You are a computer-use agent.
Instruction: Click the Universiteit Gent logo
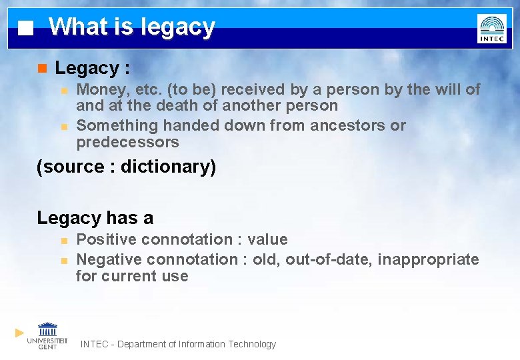click(x=47, y=335)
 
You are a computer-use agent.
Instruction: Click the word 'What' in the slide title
click(x=77, y=27)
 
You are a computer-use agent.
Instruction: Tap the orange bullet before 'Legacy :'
click(x=42, y=68)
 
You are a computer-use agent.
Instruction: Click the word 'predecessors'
click(x=127, y=142)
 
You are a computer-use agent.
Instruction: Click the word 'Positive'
click(x=105, y=239)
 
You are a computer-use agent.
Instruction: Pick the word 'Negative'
click(x=109, y=259)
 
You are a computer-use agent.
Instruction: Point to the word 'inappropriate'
click(x=428, y=259)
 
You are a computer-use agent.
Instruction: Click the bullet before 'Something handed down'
click(x=63, y=126)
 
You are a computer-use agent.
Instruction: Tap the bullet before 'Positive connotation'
click(x=63, y=240)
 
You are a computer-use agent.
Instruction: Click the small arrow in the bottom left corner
click(x=20, y=332)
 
